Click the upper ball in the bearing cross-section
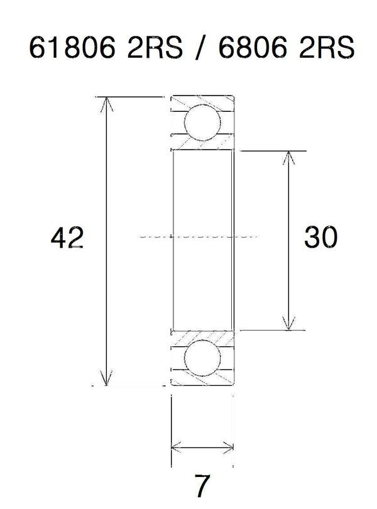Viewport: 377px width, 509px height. click(x=202, y=123)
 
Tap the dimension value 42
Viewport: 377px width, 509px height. click(x=68, y=239)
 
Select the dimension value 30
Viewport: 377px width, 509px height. click(x=320, y=239)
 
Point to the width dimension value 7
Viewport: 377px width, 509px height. click(x=202, y=485)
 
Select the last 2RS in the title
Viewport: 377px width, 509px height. click(x=325, y=49)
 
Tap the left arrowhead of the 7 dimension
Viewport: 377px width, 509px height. click(x=176, y=448)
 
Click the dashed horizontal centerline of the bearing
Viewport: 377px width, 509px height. click(x=201, y=237)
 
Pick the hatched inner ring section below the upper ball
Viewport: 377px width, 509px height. click(x=202, y=145)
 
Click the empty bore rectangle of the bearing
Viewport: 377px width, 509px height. click(x=202, y=201)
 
